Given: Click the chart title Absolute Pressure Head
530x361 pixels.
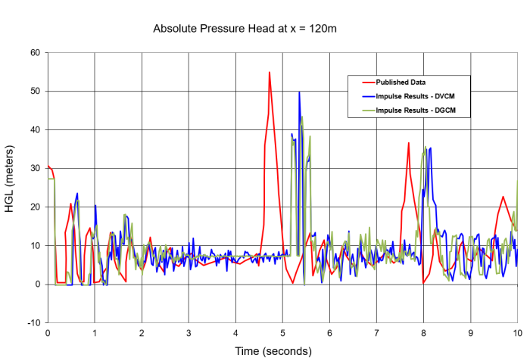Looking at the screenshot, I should point(245,29).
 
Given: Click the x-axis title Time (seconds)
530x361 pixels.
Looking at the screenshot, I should point(272,351).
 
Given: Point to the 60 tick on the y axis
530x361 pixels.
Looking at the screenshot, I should point(35,53).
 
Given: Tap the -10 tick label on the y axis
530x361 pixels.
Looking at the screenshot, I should point(33,323).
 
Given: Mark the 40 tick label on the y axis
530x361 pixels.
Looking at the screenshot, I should point(35,130).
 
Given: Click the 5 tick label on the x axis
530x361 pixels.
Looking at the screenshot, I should point(282,333).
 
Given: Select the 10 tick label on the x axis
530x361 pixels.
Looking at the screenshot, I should point(517,333).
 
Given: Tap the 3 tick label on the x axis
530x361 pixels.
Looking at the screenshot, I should point(189,333).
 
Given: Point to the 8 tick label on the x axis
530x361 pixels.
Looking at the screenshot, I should point(423,333).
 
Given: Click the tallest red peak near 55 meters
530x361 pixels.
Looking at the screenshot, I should point(270,73).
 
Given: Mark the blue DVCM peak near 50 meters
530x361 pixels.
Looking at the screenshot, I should point(299,92).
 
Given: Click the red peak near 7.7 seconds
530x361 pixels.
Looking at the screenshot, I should point(408,143).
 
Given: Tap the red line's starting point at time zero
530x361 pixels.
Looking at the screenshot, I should point(48,166).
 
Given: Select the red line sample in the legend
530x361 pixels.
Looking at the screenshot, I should point(368,82).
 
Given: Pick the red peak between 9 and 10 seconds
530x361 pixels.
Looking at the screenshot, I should point(503,197).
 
